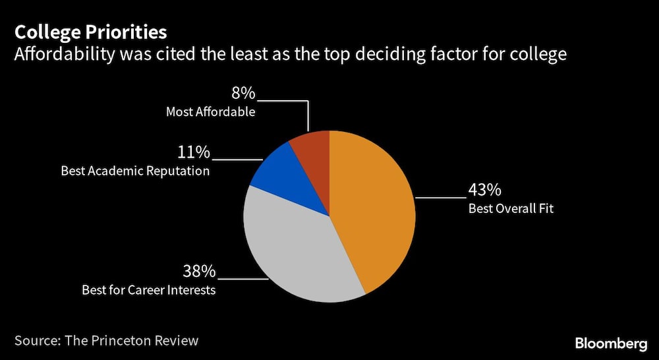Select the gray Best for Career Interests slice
point(297,251)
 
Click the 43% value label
point(484,191)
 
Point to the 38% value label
point(198,271)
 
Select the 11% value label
point(193,152)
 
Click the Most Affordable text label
point(210,111)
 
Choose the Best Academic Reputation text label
point(135,171)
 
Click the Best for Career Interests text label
point(148,289)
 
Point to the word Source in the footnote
point(37,341)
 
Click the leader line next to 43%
point(440,197)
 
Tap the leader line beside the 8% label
point(283,101)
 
